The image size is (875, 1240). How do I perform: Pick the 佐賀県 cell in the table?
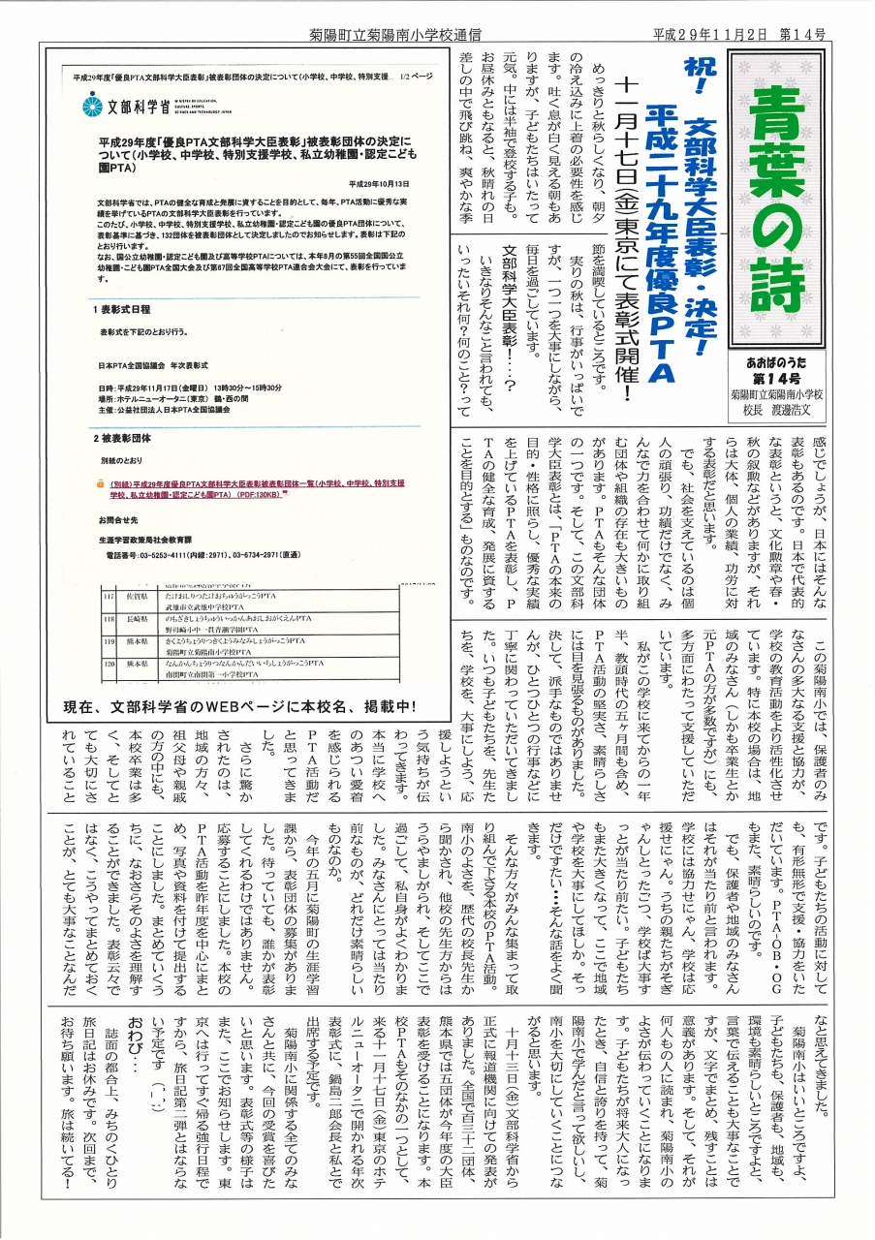point(135,600)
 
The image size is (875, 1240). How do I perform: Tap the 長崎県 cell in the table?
point(135,620)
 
